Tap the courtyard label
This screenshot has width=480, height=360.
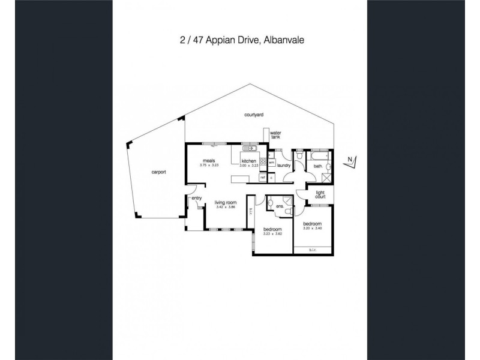[x=254, y=114]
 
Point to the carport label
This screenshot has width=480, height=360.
[x=158, y=172]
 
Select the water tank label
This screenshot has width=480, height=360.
[x=275, y=134]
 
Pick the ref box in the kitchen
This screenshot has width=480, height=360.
[x=262, y=177]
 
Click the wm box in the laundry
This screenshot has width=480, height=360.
[x=271, y=162]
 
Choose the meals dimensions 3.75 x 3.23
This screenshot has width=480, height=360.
[x=211, y=166]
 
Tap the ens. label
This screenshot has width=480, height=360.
[x=280, y=205]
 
